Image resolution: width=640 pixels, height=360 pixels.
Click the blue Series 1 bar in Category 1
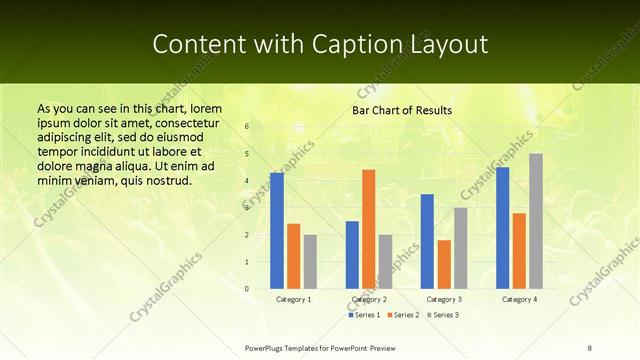pos(277,231)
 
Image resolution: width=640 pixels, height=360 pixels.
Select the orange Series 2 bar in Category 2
pos(368,229)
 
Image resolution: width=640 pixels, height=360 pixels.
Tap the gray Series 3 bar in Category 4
pos(536,221)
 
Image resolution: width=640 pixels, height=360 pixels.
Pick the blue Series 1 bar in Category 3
pos(427,241)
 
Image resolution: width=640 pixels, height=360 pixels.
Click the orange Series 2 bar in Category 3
pos(444,264)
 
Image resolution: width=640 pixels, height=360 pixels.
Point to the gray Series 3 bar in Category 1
pos(310,262)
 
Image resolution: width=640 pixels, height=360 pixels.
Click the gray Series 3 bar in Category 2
pos(385,262)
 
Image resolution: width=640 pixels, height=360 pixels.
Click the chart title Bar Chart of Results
pos(401,110)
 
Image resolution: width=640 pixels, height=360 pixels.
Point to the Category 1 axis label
pos(293,299)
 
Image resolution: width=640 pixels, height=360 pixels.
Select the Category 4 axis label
pos(519,299)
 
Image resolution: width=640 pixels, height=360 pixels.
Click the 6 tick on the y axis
pos(246,127)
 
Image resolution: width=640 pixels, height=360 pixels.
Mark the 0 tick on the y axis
pos(246,289)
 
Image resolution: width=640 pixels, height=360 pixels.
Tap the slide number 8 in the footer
pos(590,347)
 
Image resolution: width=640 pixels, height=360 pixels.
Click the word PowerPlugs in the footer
pos(268,347)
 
